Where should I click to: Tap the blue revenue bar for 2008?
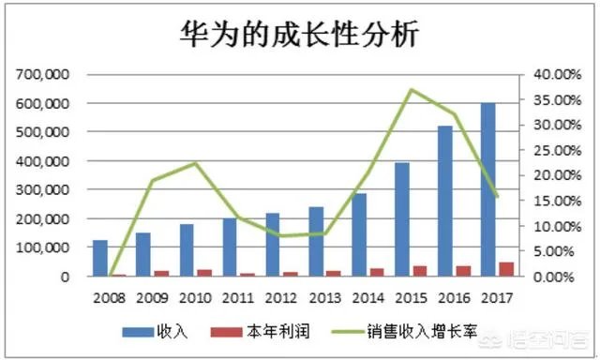[x=99, y=259]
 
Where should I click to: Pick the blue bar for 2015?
[x=401, y=220]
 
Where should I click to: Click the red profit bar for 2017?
[x=505, y=270]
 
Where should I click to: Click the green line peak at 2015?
[x=411, y=90]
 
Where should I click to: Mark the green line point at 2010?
[x=195, y=163]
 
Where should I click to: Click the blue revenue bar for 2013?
[x=315, y=242]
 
